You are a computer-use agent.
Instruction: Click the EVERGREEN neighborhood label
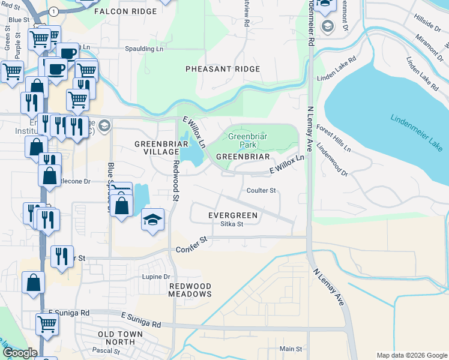(233, 215)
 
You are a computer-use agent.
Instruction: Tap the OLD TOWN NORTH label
(121, 338)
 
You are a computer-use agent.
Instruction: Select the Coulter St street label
(261, 191)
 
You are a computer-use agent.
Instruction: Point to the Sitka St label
(231, 224)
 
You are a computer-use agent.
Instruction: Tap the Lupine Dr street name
(156, 277)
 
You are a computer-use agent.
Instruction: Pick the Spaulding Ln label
(144, 49)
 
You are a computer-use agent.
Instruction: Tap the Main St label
(291, 349)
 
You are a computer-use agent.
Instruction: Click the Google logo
(19, 353)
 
